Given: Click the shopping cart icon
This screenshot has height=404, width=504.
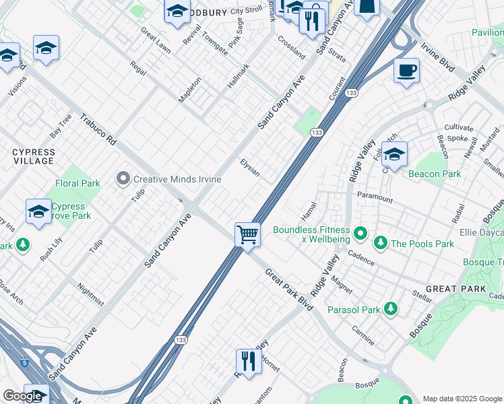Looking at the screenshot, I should [248, 236].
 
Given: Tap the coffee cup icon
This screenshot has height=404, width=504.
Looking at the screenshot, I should [406, 71].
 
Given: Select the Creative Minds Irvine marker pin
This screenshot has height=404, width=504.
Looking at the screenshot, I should [123, 179].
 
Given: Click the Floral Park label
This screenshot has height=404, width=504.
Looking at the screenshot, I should [77, 183].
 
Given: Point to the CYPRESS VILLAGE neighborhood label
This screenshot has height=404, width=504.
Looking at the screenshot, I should [33, 157].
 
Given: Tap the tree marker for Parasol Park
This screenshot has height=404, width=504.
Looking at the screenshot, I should [390, 309].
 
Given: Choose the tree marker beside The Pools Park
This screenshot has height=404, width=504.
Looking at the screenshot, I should [380, 242].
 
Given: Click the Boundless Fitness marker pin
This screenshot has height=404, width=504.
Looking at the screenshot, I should [361, 234].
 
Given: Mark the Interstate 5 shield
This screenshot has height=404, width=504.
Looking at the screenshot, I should [25, 363].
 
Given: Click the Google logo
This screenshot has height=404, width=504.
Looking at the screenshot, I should [22, 396].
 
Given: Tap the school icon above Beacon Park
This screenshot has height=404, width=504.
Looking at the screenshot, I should [394, 154].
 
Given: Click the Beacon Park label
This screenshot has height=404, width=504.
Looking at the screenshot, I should [435, 174].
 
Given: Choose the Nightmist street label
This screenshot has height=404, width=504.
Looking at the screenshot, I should [91, 294].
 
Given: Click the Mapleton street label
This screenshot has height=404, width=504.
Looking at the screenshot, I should [189, 90].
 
